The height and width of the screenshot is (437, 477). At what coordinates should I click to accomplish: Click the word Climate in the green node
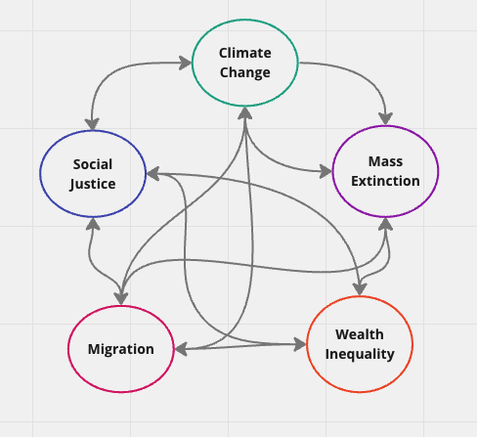pos(245,53)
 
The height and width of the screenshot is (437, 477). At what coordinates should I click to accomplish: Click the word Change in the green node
pos(245,72)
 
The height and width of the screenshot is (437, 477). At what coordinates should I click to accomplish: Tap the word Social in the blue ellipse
pos(93,164)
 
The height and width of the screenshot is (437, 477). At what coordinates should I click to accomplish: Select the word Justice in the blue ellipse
pos(93,184)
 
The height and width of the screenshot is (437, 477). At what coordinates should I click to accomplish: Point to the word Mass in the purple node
pos(385,161)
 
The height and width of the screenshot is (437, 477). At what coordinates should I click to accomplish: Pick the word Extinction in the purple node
pos(385,181)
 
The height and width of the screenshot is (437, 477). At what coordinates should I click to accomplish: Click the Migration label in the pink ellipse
pos(121,349)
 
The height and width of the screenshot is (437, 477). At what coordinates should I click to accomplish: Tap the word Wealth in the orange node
pos(360,334)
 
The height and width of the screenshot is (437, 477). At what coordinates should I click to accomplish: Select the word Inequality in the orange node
pos(360,354)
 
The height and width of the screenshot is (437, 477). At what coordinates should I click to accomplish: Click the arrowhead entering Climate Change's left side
pos(185,63)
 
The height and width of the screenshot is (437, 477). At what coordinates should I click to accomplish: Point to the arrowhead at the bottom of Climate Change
pos(244,113)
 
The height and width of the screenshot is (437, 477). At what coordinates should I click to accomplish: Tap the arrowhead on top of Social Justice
pos(92,124)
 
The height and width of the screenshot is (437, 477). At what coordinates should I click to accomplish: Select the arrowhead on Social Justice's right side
pos(153,174)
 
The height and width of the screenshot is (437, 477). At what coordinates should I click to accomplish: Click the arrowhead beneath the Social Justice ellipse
pos(93,224)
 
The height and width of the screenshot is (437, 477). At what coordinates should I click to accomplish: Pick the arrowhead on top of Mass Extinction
pos(385,118)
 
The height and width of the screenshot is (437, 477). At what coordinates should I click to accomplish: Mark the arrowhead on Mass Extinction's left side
pos(325,171)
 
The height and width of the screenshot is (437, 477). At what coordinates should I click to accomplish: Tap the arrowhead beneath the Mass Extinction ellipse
pos(385,224)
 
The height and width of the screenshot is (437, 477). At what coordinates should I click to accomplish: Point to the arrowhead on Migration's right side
pos(181,349)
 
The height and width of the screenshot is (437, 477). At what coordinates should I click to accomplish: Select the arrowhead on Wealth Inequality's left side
pos(300,344)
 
